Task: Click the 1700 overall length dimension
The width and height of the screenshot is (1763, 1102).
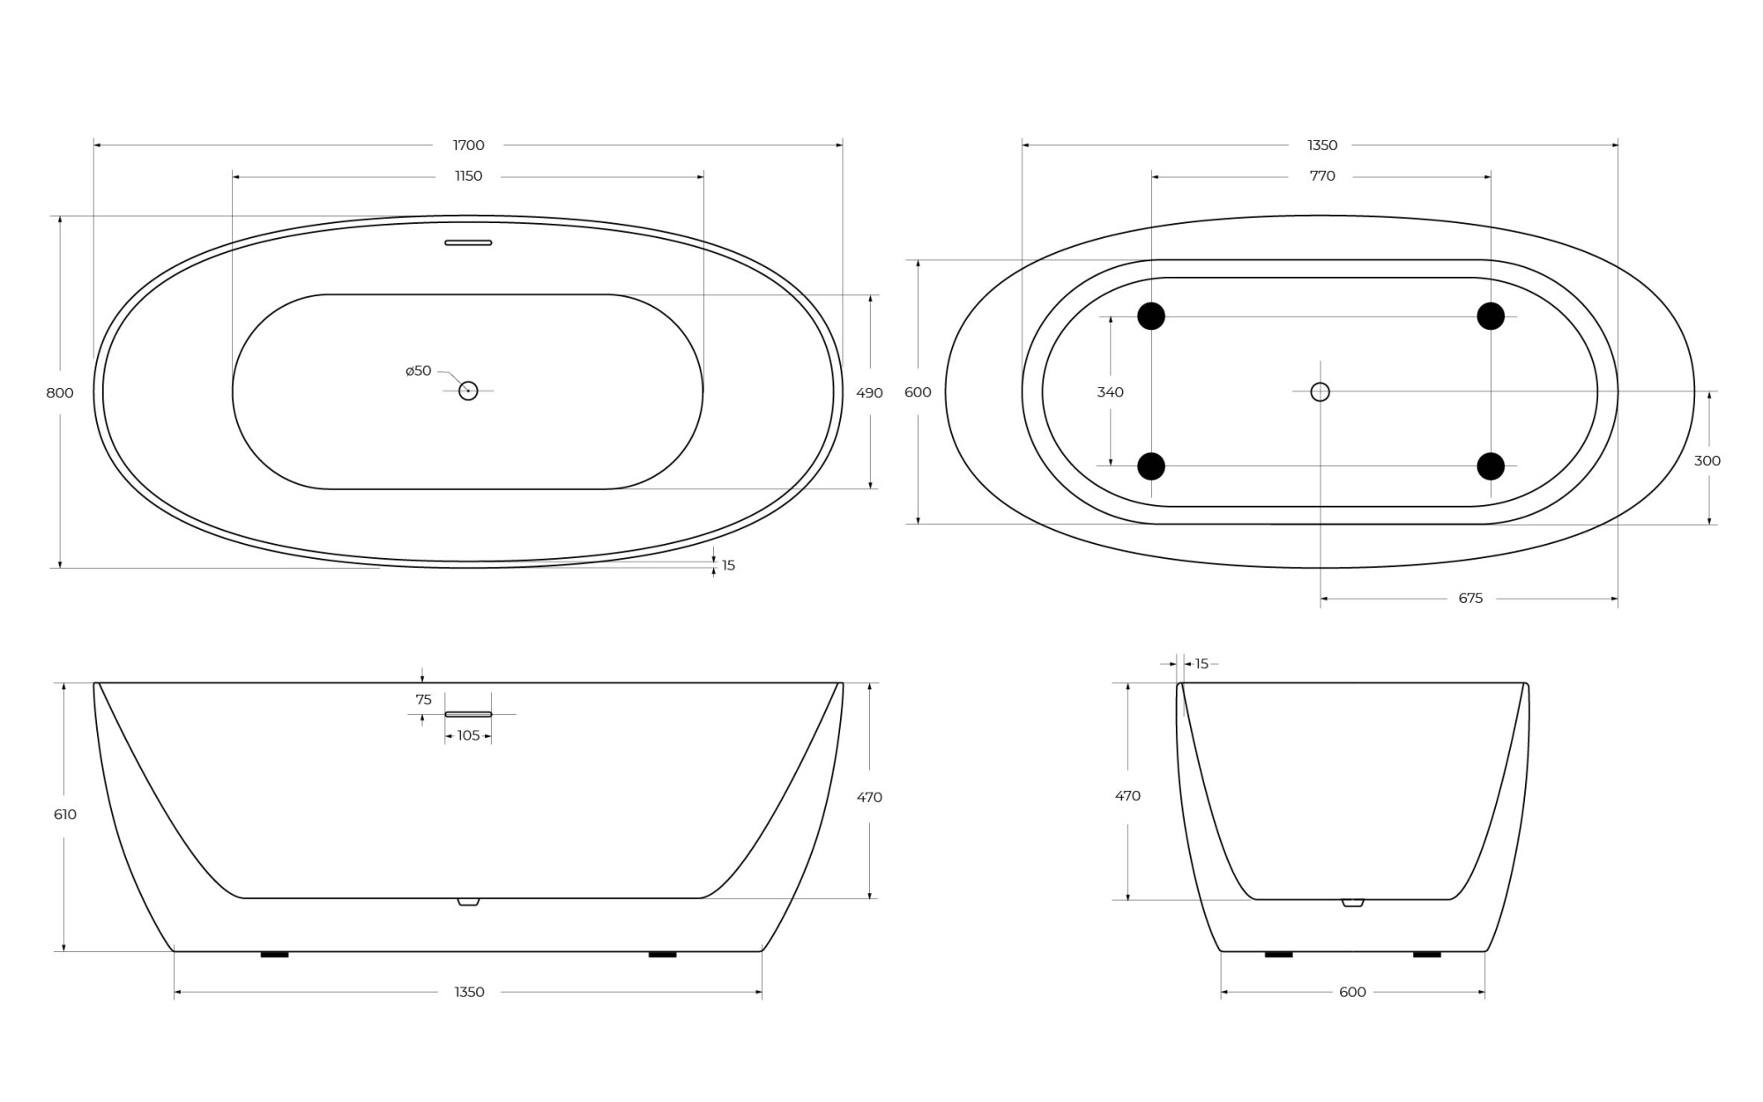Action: pos(468,145)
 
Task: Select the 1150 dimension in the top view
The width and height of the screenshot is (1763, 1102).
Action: pos(468,176)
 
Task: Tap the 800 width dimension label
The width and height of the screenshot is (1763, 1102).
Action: pos(60,393)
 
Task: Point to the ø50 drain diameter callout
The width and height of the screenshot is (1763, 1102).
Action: pos(419,371)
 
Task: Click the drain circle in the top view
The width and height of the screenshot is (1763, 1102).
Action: pos(468,391)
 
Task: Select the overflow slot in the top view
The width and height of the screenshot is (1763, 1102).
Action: pos(468,242)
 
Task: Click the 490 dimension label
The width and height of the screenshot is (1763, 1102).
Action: pos(869,393)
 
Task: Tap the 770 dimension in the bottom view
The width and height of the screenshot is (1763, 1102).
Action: pos(1322,176)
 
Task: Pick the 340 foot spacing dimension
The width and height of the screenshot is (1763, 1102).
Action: pos(1110,392)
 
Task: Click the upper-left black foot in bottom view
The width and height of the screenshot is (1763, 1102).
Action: pos(1151,316)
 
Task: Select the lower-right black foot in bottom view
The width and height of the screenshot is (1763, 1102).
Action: pos(1491,466)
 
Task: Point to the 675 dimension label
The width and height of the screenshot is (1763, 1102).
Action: pos(1470,599)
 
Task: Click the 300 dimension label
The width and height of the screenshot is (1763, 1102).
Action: pos(1707,461)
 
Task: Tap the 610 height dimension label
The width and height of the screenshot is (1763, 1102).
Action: pos(65,815)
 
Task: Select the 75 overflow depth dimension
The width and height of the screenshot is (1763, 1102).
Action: pos(424,700)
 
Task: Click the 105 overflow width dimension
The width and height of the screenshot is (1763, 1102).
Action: pos(468,736)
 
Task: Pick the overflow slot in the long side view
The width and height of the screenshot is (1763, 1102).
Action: pos(468,713)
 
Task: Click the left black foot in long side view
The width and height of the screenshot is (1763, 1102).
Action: pos(274,954)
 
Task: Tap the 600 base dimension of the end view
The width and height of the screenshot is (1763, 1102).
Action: pos(1352,993)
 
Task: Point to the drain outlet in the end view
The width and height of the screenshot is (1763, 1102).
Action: pos(1352,903)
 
